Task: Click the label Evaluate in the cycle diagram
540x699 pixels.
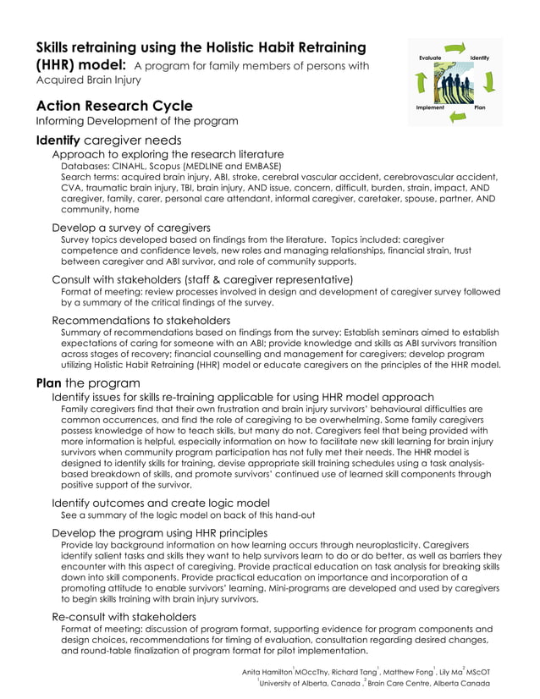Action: pyautogui.click(x=429, y=58)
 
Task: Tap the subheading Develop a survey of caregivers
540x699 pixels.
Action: pyautogui.click(x=131, y=228)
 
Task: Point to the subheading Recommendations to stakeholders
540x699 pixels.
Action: pyautogui.click(x=141, y=320)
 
